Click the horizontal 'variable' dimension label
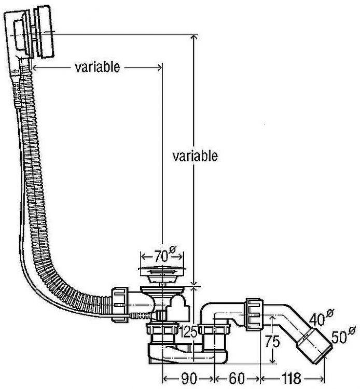click(98, 67)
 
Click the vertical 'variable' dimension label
click(195, 156)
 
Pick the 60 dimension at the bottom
click(238, 379)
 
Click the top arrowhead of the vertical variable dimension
click(195, 38)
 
